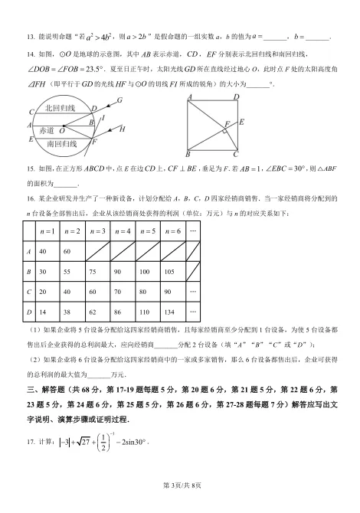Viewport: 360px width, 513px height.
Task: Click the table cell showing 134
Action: pyautogui.click(x=171, y=312)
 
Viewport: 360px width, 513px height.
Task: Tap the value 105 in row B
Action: pyautogui.click(x=171, y=272)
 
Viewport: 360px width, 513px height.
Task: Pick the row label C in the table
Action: pyautogui.click(x=28, y=292)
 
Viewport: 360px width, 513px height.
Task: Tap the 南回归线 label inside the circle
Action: pyautogui.click(x=61, y=144)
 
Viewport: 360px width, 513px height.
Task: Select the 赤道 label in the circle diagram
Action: pyautogui.click(x=47, y=131)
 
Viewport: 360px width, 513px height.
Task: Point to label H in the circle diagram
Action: pyautogui.click(x=122, y=129)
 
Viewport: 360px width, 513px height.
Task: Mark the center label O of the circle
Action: pyautogui.click(x=61, y=132)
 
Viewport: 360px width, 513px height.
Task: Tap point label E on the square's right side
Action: pyautogui.click(x=241, y=122)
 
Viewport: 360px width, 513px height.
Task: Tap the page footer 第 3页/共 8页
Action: pyautogui.click(x=180, y=505)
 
